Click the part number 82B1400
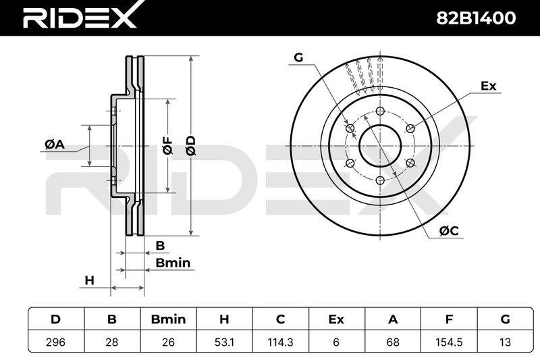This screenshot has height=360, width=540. [x=476, y=18]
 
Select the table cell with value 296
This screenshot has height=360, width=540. [x=56, y=342]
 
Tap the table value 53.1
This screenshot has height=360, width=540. [x=224, y=342]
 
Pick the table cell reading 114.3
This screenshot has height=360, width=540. [x=280, y=342]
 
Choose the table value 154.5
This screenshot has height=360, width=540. [x=449, y=342]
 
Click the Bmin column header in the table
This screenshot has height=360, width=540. [x=168, y=319]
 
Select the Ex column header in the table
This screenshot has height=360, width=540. [x=336, y=319]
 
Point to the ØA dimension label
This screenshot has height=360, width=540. [x=55, y=145]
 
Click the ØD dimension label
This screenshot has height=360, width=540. [x=190, y=145]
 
